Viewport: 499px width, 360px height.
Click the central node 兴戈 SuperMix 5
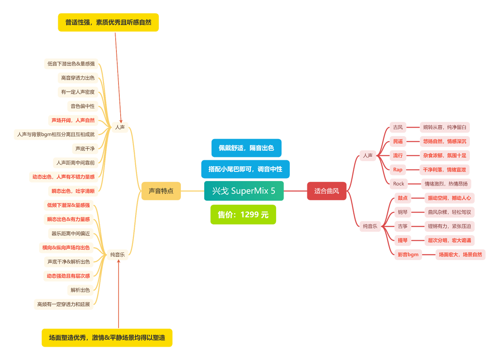244,191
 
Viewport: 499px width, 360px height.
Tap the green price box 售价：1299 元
243,215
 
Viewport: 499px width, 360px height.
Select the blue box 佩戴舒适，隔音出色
246,148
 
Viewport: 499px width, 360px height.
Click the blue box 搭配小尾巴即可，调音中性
245,169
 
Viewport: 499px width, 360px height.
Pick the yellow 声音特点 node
161,191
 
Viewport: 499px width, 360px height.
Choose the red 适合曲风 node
326,191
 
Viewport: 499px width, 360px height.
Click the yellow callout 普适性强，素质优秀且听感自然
108,22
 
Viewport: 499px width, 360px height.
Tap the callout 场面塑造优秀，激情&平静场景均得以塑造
107,338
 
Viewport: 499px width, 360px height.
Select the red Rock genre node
398,184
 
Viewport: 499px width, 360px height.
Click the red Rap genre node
398,169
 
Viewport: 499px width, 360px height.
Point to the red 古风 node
398,127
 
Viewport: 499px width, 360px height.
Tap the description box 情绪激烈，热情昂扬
446,184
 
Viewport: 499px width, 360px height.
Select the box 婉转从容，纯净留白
445,127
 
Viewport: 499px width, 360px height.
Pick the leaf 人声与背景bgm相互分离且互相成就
56,134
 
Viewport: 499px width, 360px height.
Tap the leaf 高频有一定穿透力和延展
63,304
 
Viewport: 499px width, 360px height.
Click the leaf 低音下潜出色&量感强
71,64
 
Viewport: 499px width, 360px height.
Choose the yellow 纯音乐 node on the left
118,254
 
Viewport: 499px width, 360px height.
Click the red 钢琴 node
403,212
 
